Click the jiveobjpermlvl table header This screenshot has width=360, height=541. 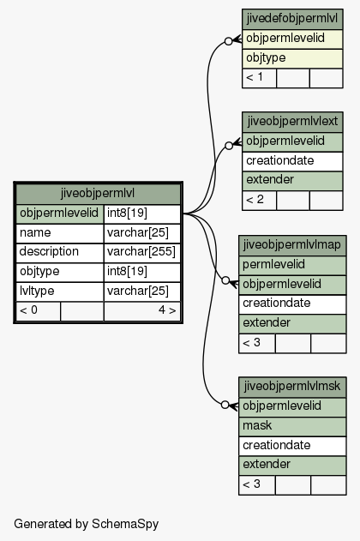[x=98, y=194]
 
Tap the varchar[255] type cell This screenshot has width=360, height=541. [x=141, y=252]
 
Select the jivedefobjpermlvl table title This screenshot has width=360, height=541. [x=292, y=19]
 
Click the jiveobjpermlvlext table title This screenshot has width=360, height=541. [x=292, y=122]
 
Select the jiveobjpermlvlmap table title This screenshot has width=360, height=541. [x=292, y=245]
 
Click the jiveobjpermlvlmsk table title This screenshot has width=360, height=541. [x=292, y=387]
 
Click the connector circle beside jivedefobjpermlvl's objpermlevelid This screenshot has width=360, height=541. [x=228, y=41]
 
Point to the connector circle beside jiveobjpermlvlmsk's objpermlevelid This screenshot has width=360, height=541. [x=225, y=405]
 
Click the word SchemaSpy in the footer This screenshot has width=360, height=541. [x=125, y=524]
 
